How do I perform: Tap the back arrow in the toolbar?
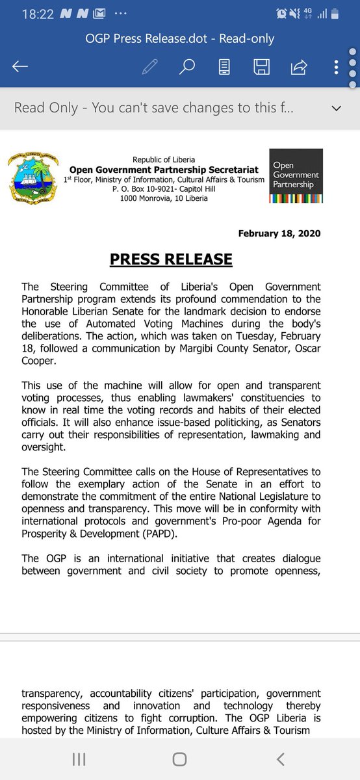(x=20, y=67)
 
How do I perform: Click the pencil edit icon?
(x=150, y=67)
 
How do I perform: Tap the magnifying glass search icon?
(x=187, y=67)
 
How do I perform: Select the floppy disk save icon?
(x=262, y=67)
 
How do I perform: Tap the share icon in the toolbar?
(x=300, y=67)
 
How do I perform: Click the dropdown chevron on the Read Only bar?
(x=337, y=108)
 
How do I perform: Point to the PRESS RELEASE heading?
(x=171, y=259)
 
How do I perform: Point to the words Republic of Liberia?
(x=163, y=160)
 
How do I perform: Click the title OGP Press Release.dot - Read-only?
(x=180, y=39)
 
